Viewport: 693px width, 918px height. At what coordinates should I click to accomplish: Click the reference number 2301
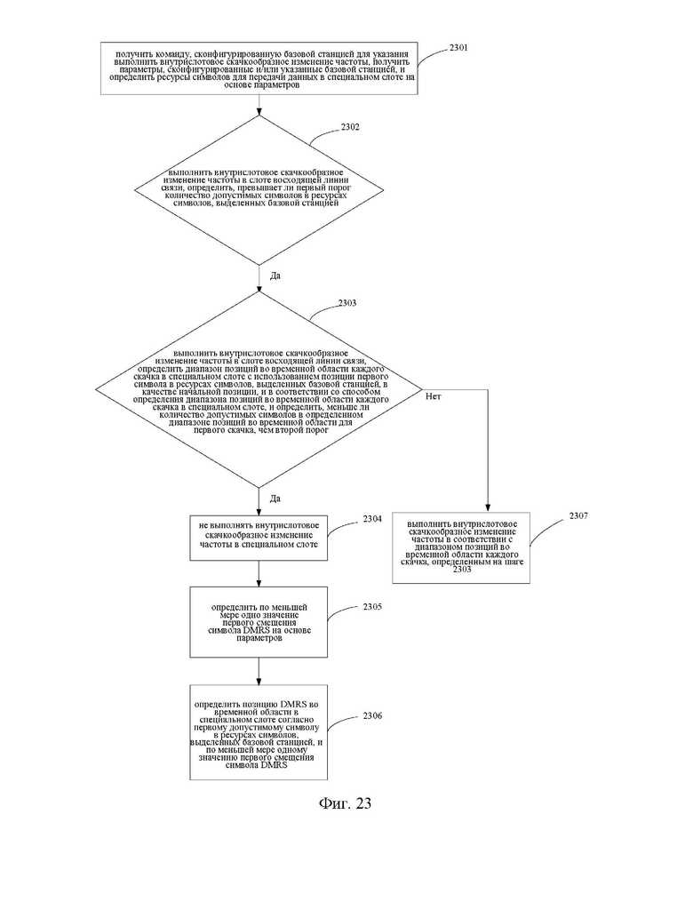pos(458,48)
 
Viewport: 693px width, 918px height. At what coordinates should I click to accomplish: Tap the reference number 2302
pos(350,127)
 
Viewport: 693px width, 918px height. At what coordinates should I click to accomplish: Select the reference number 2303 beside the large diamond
pos(347,303)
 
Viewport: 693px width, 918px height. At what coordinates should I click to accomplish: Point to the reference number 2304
pos(372,519)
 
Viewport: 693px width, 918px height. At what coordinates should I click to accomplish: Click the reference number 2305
pos(372,607)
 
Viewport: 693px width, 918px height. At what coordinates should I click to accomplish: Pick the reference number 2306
pos(372,715)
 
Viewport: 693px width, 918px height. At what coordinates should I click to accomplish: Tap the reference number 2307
pos(578,515)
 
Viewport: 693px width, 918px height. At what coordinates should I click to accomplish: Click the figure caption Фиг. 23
pos(345,802)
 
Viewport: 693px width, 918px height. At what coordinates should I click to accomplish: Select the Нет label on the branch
pos(434,396)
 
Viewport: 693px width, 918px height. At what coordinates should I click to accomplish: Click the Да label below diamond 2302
pos(275,275)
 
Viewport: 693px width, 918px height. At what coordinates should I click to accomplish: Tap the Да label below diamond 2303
pos(275,499)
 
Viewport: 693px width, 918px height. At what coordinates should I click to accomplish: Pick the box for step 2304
pos(259,538)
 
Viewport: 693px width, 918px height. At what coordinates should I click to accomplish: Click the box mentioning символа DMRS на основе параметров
pos(259,623)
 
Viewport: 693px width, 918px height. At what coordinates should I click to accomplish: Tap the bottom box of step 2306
pos(259,732)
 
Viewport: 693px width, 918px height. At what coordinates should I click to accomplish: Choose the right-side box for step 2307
pos(461,548)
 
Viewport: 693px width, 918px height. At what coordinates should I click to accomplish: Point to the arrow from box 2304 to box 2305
pos(259,574)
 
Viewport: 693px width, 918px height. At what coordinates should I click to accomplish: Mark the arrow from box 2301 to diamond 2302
pos(259,105)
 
